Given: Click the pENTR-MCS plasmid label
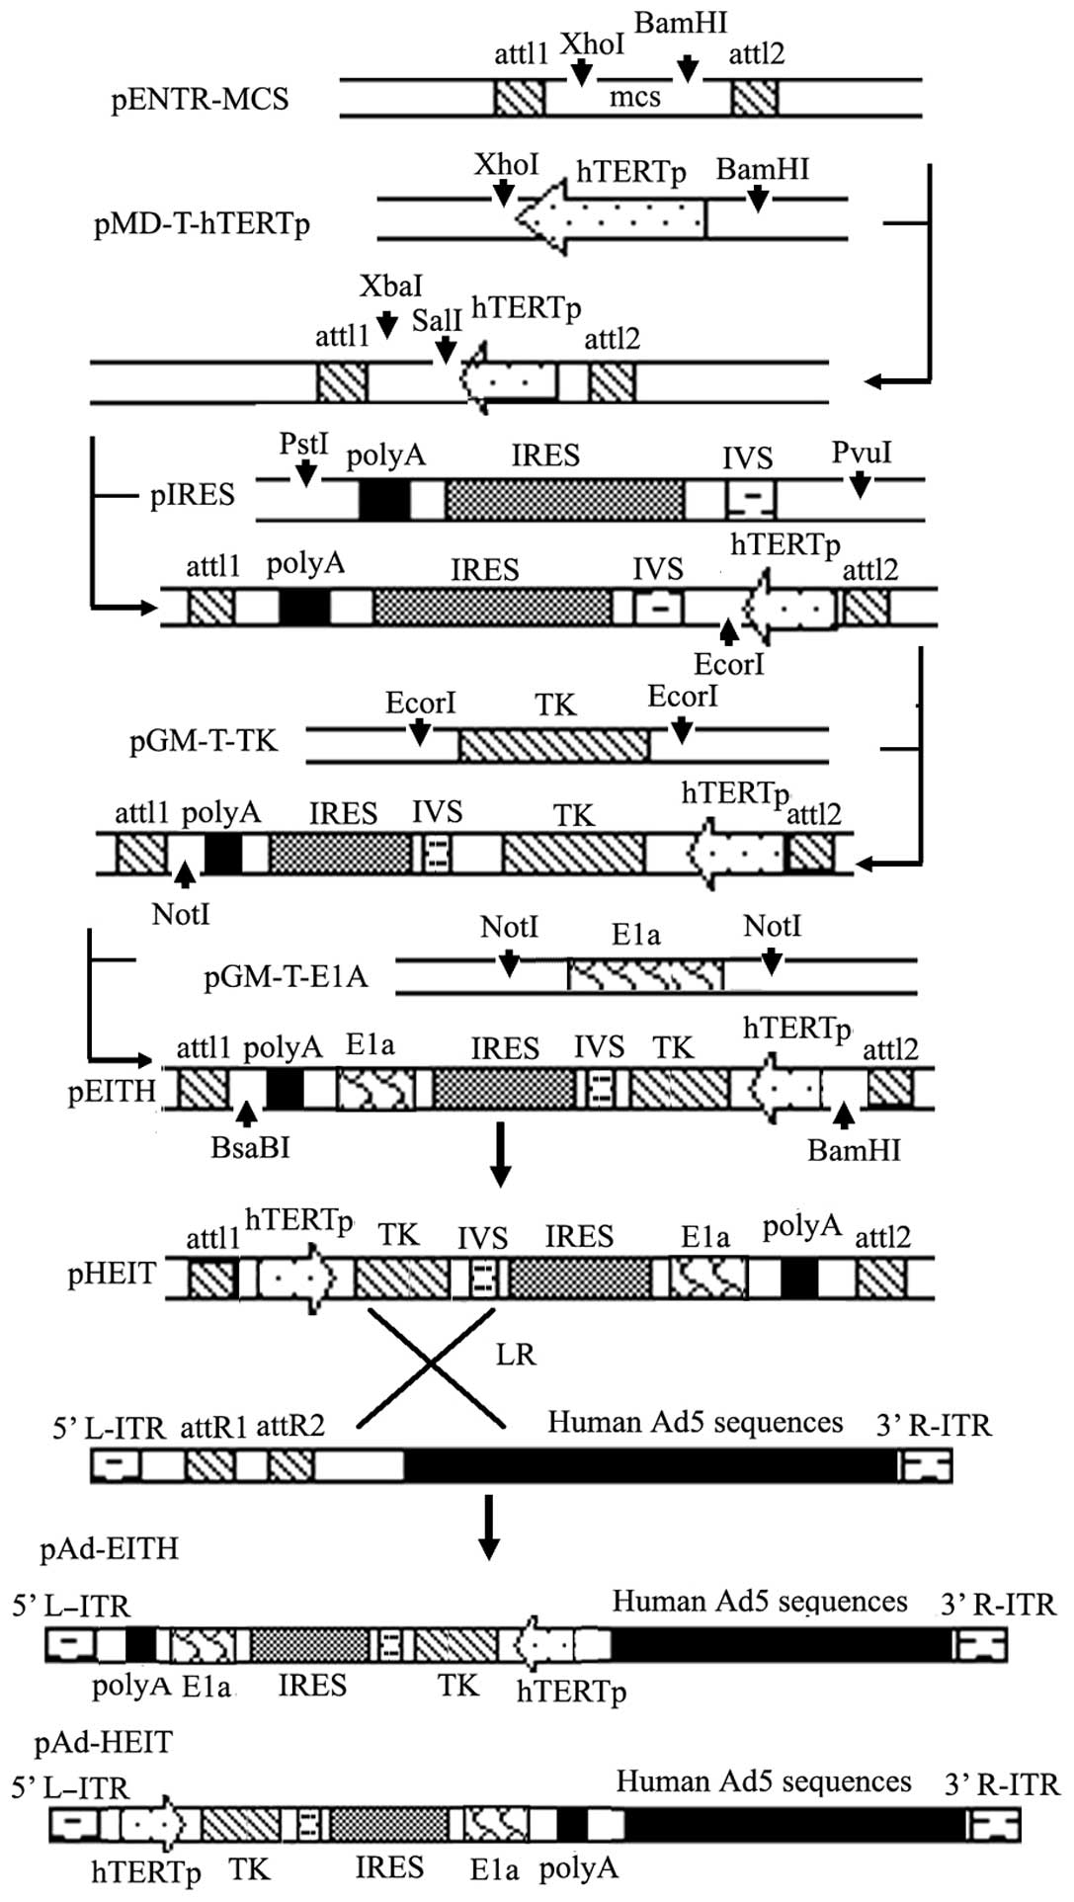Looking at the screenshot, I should [200, 100].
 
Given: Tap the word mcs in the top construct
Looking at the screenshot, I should [634, 97].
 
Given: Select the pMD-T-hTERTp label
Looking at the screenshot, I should [202, 224].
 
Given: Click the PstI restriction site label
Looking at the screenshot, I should [303, 444].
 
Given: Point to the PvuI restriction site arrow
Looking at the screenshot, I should [861, 483].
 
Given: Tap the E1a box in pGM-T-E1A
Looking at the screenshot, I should [645, 976].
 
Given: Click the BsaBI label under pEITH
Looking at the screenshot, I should [250, 1148].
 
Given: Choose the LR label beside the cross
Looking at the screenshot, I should [516, 1354].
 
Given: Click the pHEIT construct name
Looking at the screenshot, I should [112, 1275].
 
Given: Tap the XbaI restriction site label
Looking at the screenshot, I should [391, 287].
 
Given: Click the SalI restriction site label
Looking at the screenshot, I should [437, 320].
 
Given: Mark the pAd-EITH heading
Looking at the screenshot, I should [109, 1547].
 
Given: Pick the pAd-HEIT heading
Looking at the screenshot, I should [103, 1742].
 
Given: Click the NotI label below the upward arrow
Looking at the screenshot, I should [181, 914].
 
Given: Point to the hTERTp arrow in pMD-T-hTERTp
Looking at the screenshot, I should [611, 217].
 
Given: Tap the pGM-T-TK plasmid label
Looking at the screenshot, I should [204, 741].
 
